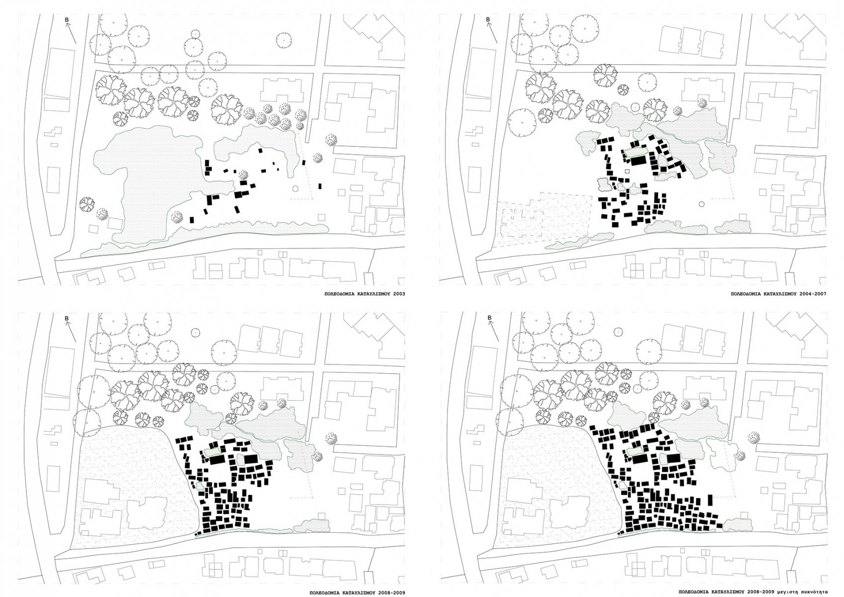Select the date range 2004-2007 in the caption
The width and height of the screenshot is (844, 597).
tap(814, 294)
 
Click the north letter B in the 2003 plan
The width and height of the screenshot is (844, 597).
tap(67, 20)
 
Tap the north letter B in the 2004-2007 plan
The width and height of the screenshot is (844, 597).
tap(488, 20)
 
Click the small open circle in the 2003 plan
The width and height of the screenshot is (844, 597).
tap(295, 189)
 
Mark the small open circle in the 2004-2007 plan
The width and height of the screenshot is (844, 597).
tap(701, 204)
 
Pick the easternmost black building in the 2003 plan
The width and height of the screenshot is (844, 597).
tap(321, 186)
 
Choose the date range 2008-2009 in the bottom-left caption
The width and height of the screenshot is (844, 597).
tap(389, 593)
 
